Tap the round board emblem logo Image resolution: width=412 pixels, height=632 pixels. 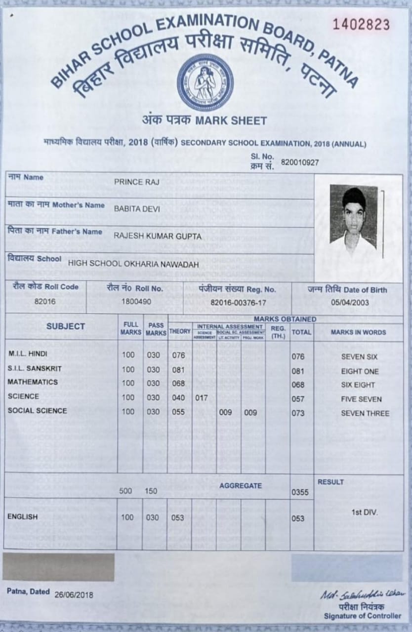205,82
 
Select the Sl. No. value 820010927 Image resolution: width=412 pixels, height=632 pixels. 299,162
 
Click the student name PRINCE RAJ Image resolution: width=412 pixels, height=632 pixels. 130,182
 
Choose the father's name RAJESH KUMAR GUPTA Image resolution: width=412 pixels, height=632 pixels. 158,237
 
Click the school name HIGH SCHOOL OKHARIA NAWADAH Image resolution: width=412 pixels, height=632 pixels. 133,264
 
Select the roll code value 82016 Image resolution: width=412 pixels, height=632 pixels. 45,301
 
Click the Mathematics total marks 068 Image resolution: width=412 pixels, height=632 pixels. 298,385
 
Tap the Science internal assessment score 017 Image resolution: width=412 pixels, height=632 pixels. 202,398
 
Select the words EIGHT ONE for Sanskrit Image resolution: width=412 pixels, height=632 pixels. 360,371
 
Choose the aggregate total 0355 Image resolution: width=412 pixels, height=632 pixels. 300,492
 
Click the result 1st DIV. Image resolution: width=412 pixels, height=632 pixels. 364,513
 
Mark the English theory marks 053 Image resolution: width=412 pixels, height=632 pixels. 178,517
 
